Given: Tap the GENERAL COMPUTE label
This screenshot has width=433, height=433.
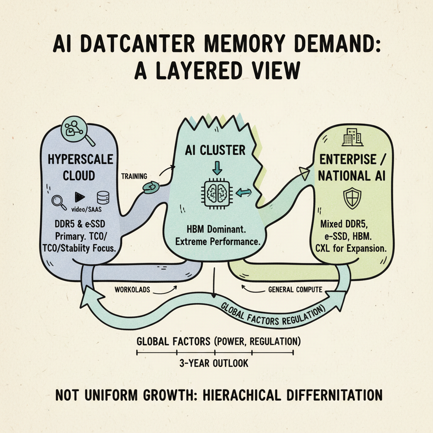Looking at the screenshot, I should tap(295, 290).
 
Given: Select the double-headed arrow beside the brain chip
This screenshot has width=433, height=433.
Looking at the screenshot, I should tap(243, 193).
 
